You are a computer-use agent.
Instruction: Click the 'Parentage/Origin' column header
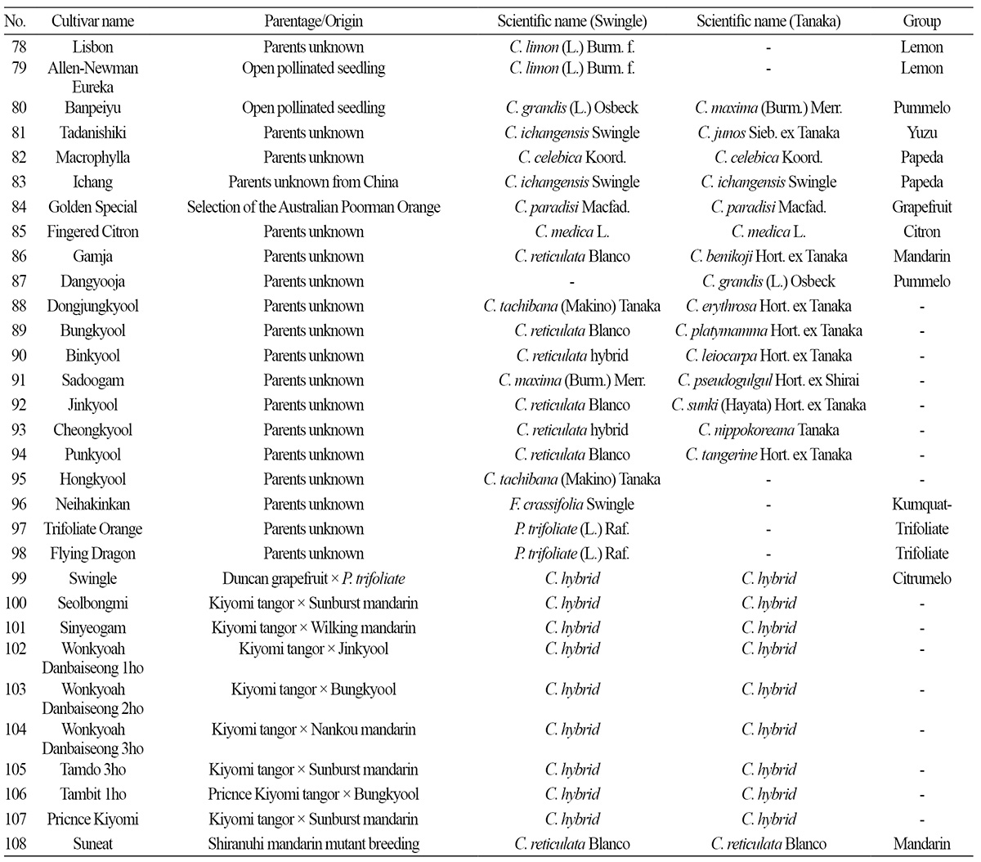313,21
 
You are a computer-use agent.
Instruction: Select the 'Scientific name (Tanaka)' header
768,21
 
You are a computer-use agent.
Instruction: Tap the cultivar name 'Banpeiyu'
92,108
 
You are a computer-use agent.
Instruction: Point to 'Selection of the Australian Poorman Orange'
313,207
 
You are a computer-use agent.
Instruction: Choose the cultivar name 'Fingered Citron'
92,231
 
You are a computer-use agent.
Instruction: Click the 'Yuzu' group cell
921,132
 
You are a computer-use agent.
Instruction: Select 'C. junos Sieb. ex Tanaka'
768,132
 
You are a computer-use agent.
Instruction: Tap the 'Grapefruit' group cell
921,207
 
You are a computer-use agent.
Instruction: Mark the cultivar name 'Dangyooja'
92,281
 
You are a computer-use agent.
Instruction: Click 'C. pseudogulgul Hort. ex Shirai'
768,380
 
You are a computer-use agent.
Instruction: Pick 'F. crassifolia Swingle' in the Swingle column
571,505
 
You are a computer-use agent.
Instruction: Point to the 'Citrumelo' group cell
921,578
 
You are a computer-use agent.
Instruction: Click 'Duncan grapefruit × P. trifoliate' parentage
313,578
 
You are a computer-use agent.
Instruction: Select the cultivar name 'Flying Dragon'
92,554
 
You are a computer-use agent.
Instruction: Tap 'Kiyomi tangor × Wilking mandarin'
313,628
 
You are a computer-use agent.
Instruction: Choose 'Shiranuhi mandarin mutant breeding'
313,844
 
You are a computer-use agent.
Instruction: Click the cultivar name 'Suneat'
92,844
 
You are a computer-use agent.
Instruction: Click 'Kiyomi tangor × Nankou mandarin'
313,730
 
